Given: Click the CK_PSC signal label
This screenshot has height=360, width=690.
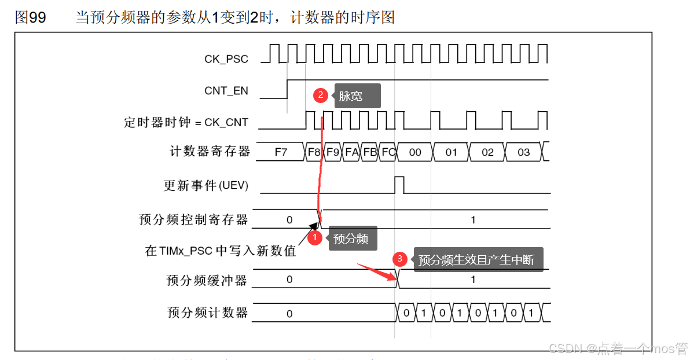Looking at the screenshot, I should [x=226, y=59].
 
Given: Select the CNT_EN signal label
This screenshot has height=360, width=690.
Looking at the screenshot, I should [x=226, y=91].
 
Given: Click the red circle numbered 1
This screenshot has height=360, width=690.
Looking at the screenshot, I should [x=315, y=238].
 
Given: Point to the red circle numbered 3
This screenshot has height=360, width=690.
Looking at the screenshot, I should [x=398, y=259].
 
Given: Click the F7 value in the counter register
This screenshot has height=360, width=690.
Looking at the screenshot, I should [x=281, y=153].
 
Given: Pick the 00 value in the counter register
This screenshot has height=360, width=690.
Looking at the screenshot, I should [x=415, y=153].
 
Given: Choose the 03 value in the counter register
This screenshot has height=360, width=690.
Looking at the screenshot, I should [x=524, y=153].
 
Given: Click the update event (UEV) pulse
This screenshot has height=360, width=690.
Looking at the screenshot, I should [x=399, y=185].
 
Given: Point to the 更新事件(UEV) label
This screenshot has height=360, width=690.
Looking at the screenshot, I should [x=206, y=186].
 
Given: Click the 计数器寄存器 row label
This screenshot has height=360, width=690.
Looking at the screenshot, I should [x=210, y=152].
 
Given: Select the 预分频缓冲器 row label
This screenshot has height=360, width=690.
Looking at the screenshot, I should [x=207, y=281].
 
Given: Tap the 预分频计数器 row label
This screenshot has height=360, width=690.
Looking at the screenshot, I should [x=207, y=313].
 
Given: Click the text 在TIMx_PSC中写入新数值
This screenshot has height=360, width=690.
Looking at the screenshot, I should [x=221, y=251].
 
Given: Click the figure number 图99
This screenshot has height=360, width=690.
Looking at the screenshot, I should [x=30, y=17].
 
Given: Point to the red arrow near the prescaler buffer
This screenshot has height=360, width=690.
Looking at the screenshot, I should [x=375, y=271].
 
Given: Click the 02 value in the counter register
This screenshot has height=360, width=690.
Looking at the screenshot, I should [x=487, y=153].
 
